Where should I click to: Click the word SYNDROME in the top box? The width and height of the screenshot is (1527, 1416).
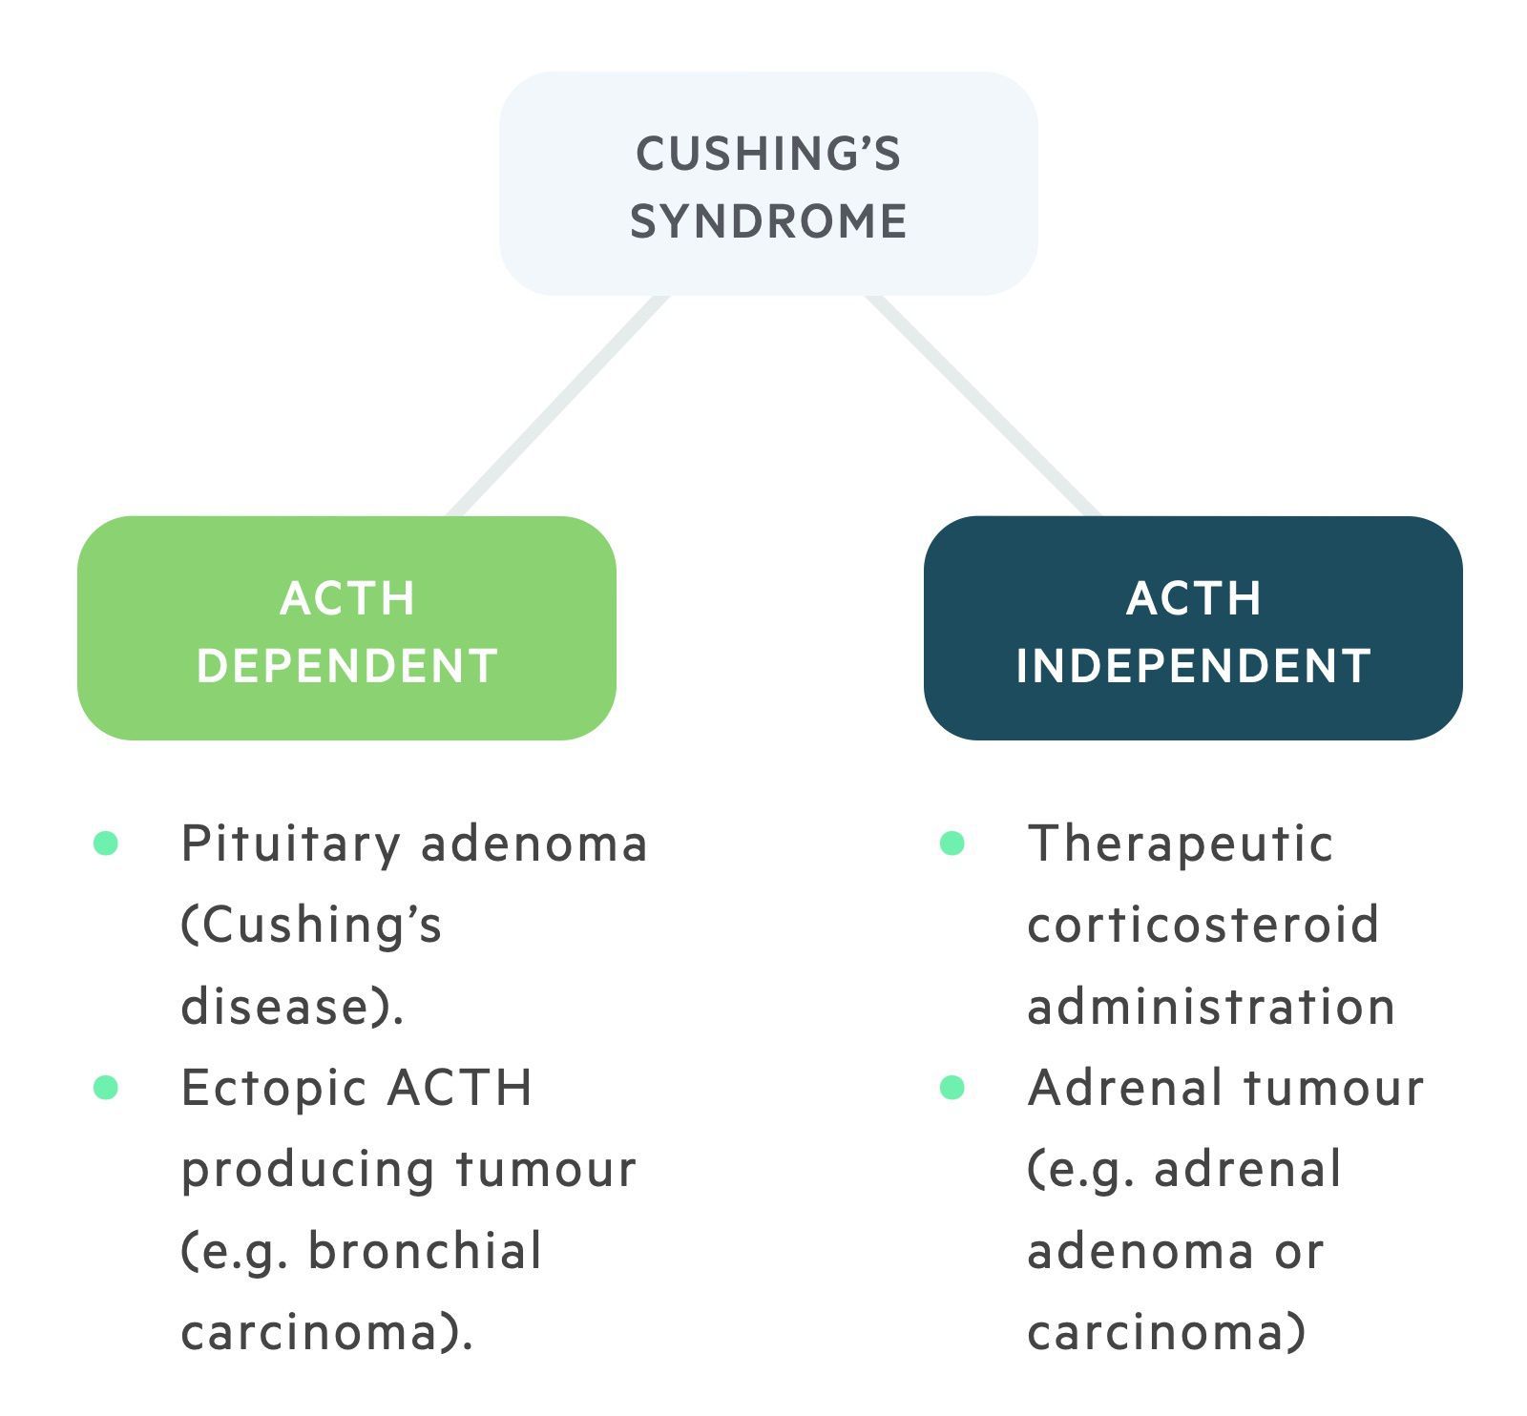768,221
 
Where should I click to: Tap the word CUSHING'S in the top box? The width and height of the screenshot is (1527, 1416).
768,154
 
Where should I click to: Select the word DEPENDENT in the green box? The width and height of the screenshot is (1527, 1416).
347,665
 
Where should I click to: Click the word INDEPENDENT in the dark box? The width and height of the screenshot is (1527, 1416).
1194,665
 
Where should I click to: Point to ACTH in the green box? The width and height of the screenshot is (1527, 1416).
347,598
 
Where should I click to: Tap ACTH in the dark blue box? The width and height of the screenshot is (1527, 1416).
1194,598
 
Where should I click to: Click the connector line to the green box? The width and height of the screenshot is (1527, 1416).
558,406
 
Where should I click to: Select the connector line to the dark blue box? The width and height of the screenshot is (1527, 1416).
983,406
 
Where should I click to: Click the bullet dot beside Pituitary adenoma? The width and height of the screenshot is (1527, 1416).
106,843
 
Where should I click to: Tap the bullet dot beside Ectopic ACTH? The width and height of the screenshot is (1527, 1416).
106,1087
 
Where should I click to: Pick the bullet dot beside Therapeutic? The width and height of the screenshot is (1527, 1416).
952,843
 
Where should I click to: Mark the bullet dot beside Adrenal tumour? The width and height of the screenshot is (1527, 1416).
952,1087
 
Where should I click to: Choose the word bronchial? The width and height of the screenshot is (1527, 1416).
425,1251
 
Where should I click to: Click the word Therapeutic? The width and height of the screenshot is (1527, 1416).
1180,844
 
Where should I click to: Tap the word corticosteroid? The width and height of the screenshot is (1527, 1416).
1203,925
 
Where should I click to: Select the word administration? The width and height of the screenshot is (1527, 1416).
1211,1007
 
